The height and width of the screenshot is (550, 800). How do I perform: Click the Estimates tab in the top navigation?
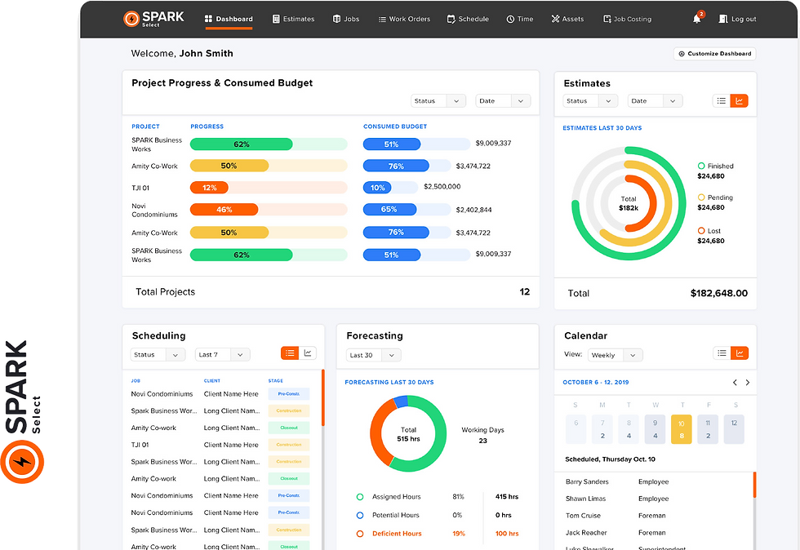point(293,19)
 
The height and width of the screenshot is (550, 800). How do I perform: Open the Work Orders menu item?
point(404,19)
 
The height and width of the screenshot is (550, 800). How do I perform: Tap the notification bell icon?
point(697,19)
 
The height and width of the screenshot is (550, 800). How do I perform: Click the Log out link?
point(737,19)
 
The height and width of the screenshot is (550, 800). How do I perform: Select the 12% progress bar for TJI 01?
point(210,188)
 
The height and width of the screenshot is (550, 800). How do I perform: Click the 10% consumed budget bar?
point(377,188)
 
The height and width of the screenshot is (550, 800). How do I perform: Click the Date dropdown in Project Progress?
point(503,101)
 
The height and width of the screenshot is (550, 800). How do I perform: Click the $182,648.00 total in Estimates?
point(718,293)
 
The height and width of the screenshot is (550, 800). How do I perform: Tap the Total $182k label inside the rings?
point(629,203)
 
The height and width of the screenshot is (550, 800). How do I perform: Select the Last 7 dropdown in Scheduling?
point(223,355)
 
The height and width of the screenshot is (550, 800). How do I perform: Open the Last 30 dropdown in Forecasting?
point(373,355)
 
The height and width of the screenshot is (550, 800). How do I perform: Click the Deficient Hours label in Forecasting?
point(397,534)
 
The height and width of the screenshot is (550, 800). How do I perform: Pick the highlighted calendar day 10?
point(681,429)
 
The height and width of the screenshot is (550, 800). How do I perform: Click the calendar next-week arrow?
point(748,382)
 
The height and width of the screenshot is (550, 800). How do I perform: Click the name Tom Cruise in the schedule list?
point(583,516)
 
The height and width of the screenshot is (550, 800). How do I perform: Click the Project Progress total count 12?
point(524,291)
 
